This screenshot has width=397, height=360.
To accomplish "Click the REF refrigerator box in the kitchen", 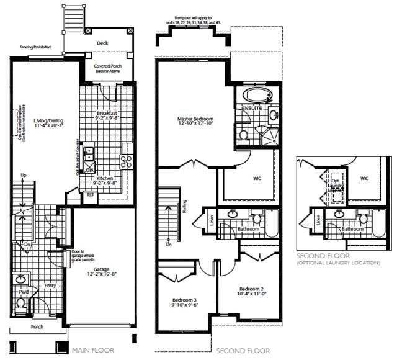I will point(91,195).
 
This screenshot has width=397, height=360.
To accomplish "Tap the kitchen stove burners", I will point(126,161).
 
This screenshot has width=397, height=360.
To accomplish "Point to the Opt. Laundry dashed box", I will point(336,186).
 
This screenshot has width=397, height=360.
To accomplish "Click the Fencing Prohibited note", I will point(35,47).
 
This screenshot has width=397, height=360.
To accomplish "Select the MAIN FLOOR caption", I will point(94,351).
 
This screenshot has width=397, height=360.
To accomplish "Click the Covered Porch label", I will point(107,68).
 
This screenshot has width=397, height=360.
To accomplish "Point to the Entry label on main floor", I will point(50,286).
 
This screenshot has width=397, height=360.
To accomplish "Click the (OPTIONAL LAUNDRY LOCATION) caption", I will point(338,263).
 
